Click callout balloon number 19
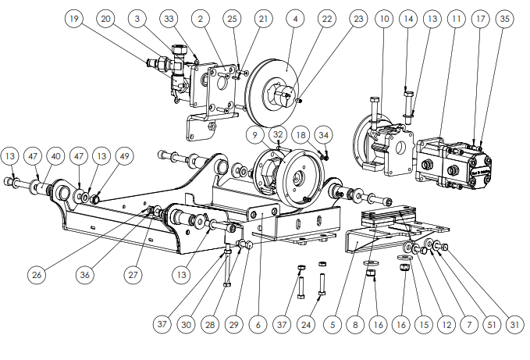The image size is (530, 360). [x=73, y=19]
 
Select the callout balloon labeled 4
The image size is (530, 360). [x=295, y=19]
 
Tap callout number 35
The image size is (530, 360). [x=505, y=19]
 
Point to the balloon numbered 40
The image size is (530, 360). [x=55, y=156]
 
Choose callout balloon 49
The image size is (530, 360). [x=125, y=156]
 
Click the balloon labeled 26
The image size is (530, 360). [x=37, y=274]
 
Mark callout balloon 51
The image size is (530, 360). [x=492, y=325]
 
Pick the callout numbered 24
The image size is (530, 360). [x=306, y=325]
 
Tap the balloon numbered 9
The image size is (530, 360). [x=255, y=135]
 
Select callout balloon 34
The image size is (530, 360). [x=323, y=135]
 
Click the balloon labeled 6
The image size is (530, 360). [x=258, y=325]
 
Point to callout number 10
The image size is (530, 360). [x=384, y=19]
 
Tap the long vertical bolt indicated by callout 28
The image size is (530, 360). [x=227, y=267]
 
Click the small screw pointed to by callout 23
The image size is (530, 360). [x=298, y=100]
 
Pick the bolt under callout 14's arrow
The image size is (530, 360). [x=409, y=107]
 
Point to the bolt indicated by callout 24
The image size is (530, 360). [x=322, y=284]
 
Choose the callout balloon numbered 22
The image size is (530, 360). [x=327, y=19]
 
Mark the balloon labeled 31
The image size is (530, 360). [x=514, y=325]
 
